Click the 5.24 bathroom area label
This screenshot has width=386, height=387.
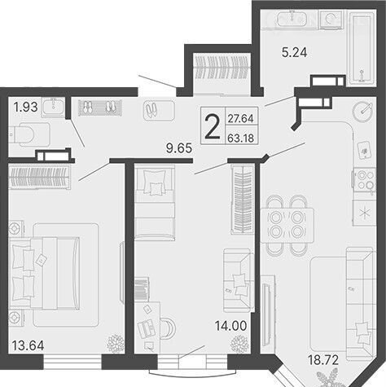point(294,52)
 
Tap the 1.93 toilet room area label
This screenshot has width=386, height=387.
point(26,108)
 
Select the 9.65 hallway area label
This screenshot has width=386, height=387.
point(179,148)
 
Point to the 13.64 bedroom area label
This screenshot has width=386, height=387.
point(28,345)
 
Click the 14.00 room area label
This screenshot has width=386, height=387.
point(231,326)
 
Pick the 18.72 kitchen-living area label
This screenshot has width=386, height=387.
point(323,360)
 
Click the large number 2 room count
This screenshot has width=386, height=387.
point(212,126)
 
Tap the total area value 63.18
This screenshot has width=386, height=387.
point(240,139)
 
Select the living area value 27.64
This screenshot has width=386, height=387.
point(240,118)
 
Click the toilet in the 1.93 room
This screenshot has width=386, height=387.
point(29,134)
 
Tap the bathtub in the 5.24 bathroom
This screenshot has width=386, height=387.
point(362,48)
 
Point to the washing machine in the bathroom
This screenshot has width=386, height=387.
point(331,20)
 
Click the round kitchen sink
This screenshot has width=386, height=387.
point(362,112)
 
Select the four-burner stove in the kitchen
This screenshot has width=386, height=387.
point(364,180)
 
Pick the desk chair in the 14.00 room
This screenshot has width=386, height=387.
point(168,328)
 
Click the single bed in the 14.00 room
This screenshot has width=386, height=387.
point(155,203)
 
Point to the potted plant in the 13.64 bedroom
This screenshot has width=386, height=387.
point(116,344)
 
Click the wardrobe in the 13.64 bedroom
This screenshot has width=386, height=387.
point(39,177)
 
